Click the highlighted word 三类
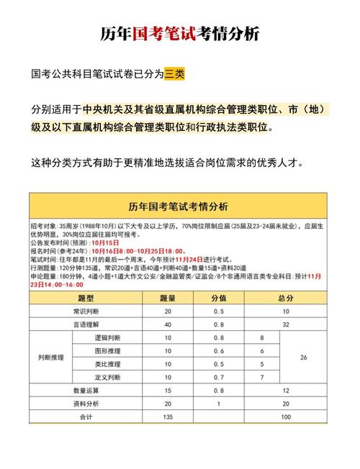tap(174, 73)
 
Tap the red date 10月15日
tap(104, 242)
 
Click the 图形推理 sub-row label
tap(108, 350)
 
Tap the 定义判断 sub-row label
tap(108, 376)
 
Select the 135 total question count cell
tap(168, 416)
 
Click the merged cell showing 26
tap(303, 357)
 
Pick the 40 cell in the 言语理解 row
tap(168, 324)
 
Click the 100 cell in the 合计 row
tap(286, 416)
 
